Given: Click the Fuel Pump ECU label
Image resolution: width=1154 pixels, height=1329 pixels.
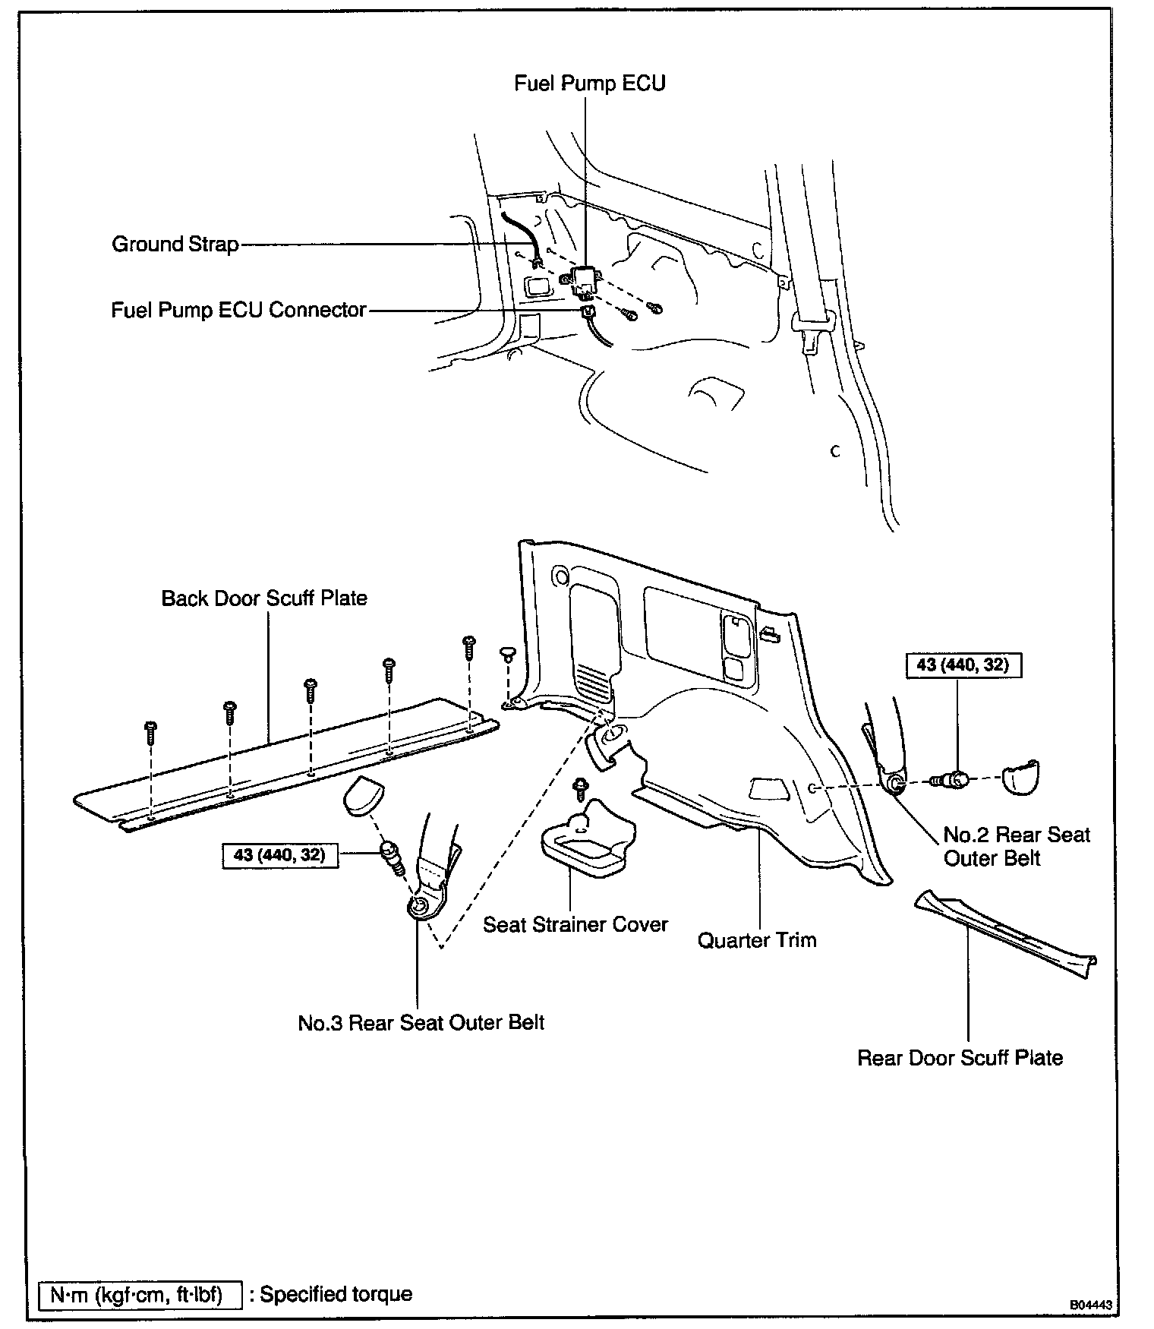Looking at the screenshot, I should (589, 83).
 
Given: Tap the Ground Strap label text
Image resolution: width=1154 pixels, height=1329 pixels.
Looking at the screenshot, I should (175, 245).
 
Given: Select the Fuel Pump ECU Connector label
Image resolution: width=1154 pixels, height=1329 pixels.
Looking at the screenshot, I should (239, 310).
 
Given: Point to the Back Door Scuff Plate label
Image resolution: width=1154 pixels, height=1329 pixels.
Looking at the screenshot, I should (264, 598).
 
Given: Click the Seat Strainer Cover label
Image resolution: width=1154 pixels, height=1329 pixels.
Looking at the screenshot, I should (575, 924).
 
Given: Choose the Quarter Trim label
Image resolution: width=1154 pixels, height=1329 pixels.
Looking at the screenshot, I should (757, 940).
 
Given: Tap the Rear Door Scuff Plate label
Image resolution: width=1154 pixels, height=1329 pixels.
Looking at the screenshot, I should (960, 1058).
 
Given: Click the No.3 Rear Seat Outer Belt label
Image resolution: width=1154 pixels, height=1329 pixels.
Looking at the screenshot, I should (421, 1022).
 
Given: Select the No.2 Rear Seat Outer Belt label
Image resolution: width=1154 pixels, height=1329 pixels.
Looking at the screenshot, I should (1016, 846).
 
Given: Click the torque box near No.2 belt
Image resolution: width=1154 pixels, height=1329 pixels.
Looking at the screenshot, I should (962, 665).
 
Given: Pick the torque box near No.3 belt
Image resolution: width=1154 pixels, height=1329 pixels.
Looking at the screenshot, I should (279, 855).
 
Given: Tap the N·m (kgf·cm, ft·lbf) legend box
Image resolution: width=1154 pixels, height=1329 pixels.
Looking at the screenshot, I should (140, 1294).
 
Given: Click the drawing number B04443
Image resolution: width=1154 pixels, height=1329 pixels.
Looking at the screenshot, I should (1091, 1305).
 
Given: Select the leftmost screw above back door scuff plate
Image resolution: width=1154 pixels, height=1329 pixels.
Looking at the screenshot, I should (150, 730).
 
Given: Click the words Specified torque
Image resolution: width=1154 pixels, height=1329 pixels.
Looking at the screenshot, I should (336, 1294).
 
